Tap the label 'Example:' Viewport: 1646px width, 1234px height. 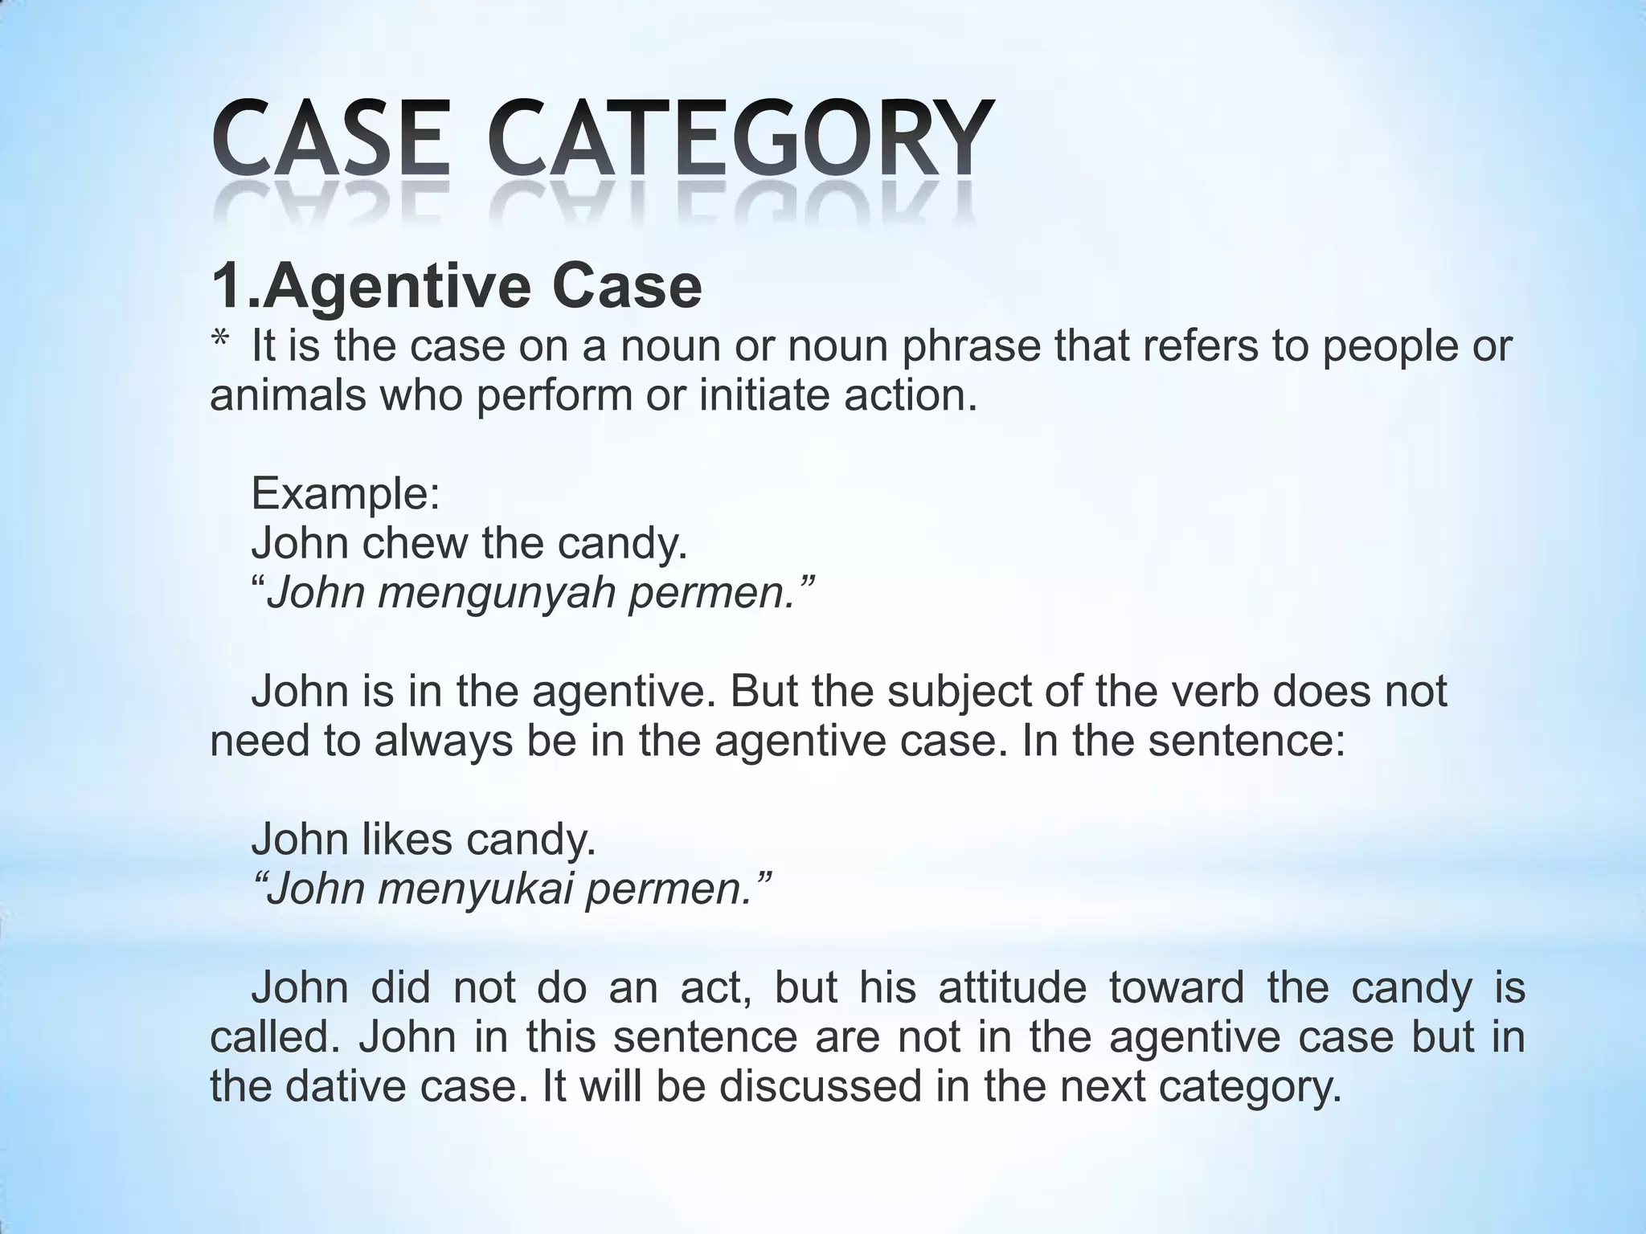click(346, 493)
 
